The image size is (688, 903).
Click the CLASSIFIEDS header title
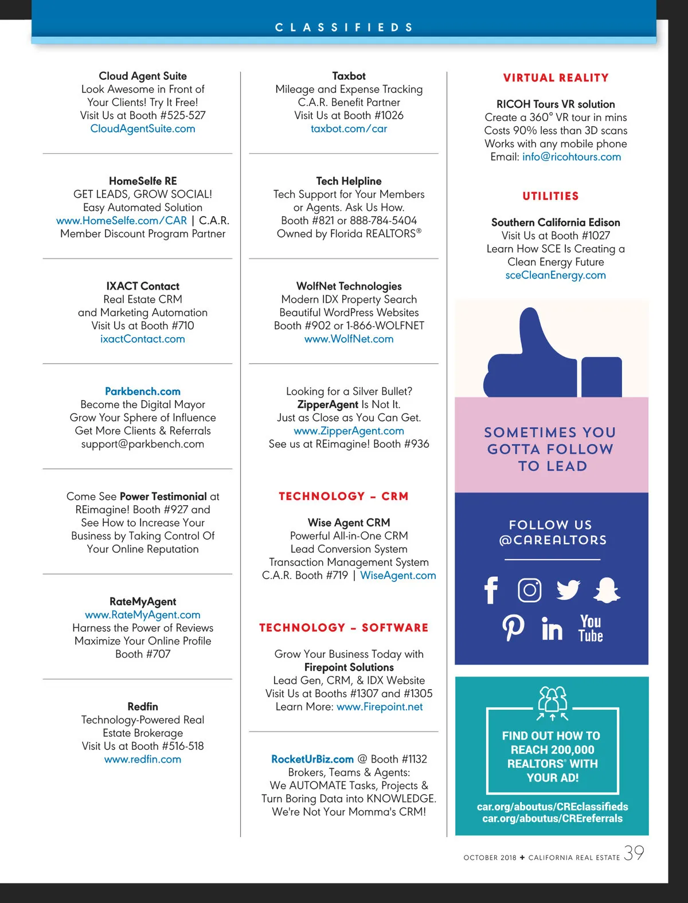pyautogui.click(x=344, y=28)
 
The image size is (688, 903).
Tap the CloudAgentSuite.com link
pyautogui.click(x=143, y=129)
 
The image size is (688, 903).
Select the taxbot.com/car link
pyautogui.click(x=349, y=129)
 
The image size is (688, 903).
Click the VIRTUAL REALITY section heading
pyautogui.click(x=556, y=78)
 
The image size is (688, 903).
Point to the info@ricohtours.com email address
pyautogui.click(x=571, y=157)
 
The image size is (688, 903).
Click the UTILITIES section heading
pyautogui.click(x=550, y=196)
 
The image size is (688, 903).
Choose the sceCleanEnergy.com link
pyautogui.click(x=555, y=275)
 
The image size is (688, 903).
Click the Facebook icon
pyautogui.click(x=491, y=590)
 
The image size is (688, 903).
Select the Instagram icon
pyautogui.click(x=529, y=590)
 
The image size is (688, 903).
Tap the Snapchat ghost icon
pyautogui.click(x=607, y=590)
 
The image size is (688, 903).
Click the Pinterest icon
pyautogui.click(x=513, y=628)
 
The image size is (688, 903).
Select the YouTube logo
pyautogui.click(x=591, y=628)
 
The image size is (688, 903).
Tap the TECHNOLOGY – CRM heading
pyautogui.click(x=343, y=497)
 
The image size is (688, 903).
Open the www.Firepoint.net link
pyautogui.click(x=380, y=707)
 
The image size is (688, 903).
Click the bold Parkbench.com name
pyautogui.click(x=143, y=392)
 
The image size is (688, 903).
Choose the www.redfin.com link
pyautogui.click(x=143, y=760)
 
